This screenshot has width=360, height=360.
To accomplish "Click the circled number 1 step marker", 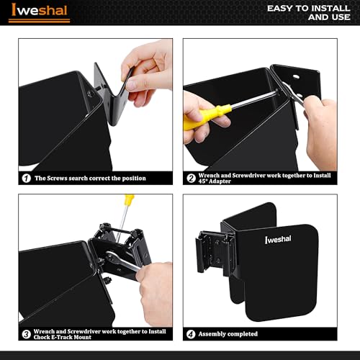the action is pyautogui.click(x=27, y=179).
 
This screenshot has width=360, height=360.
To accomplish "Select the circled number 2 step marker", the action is pyautogui.click(x=192, y=179).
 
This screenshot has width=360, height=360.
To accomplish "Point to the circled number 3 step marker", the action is pyautogui.click(x=27, y=334).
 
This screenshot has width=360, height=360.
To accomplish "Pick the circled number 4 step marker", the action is pyautogui.click(x=192, y=334).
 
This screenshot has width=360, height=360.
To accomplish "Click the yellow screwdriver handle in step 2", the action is pyautogui.click(x=207, y=117).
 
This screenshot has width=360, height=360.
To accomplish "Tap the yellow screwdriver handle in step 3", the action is pyautogui.click(x=129, y=200).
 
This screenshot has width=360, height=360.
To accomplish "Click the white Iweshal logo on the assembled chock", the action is pyautogui.click(x=278, y=239).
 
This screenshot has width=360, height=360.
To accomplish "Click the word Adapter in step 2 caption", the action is pyautogui.click(x=220, y=181).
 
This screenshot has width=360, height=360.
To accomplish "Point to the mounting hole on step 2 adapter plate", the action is pyautogui.click(x=296, y=77).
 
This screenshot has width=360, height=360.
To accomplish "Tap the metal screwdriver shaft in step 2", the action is pyautogui.click(x=254, y=99).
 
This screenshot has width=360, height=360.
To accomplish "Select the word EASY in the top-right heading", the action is pyautogui.click(x=280, y=9).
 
